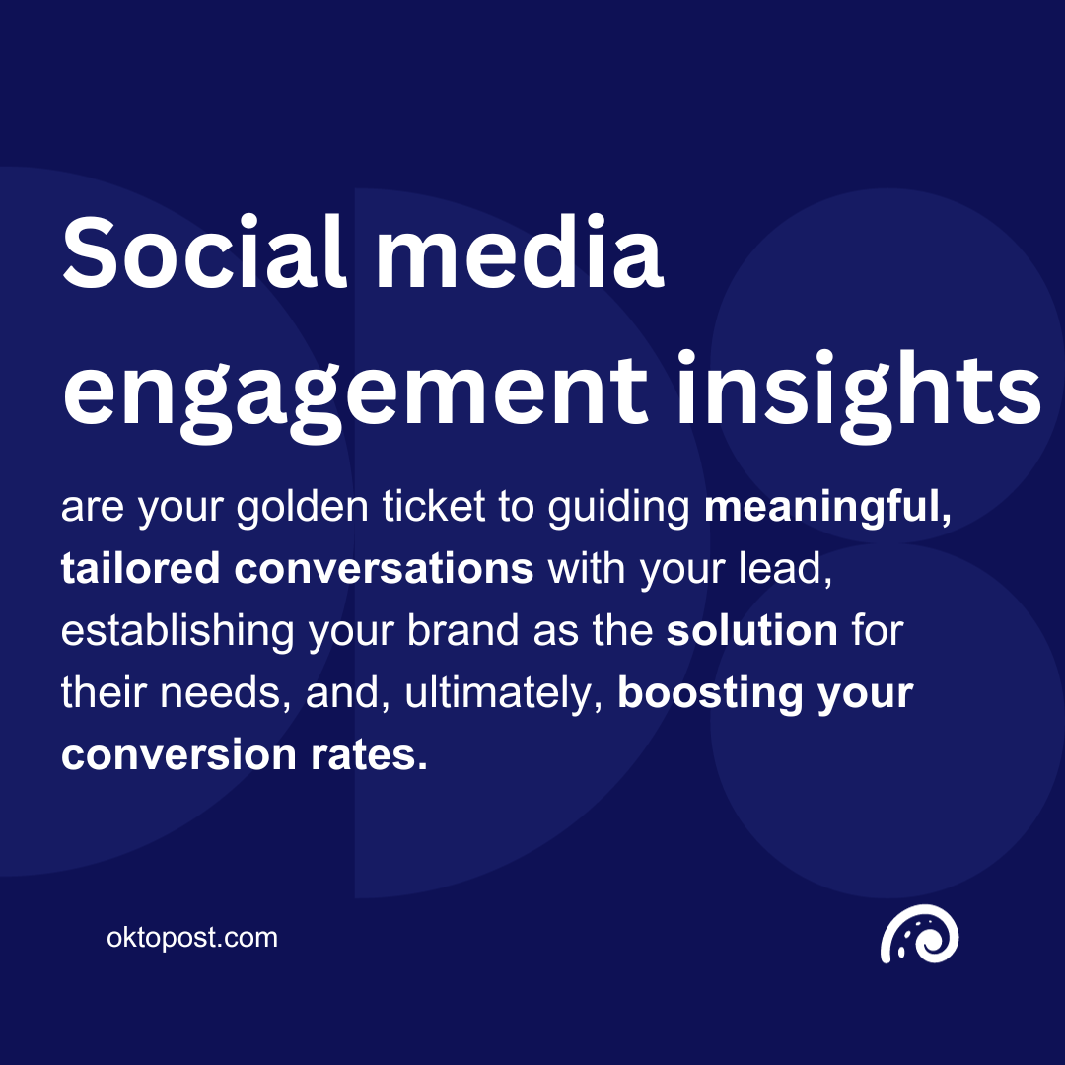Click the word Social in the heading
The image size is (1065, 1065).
[204, 252]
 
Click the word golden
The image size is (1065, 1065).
[303, 507]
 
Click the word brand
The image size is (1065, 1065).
[462, 630]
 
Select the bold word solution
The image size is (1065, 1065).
[751, 630]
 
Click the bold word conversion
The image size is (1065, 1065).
[178, 754]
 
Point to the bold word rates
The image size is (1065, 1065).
[369, 755]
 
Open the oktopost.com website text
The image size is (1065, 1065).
[192, 938]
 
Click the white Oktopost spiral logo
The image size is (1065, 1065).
[919, 934]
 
